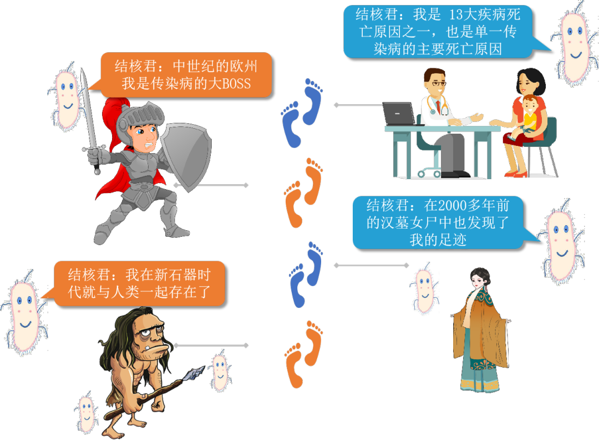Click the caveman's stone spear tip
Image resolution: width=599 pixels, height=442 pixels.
tap(196, 372)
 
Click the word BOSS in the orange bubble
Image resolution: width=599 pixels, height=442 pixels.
tap(233, 84)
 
